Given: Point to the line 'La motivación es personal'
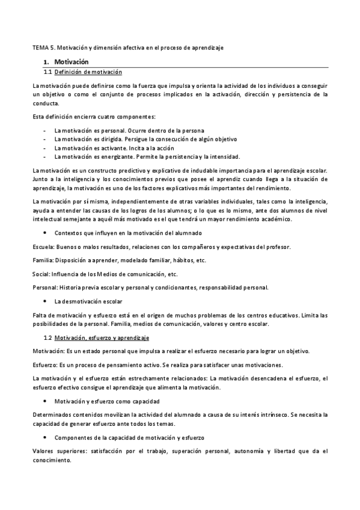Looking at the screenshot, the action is click(x=129, y=131).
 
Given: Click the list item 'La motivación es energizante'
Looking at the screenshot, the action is click(x=147, y=156).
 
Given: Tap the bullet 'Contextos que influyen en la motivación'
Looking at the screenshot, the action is click(x=128, y=232).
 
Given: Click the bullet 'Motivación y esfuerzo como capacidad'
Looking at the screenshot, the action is click(x=106, y=401).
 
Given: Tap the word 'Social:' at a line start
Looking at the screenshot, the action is click(x=41, y=274).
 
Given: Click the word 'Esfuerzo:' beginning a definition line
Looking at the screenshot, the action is click(x=45, y=365).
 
